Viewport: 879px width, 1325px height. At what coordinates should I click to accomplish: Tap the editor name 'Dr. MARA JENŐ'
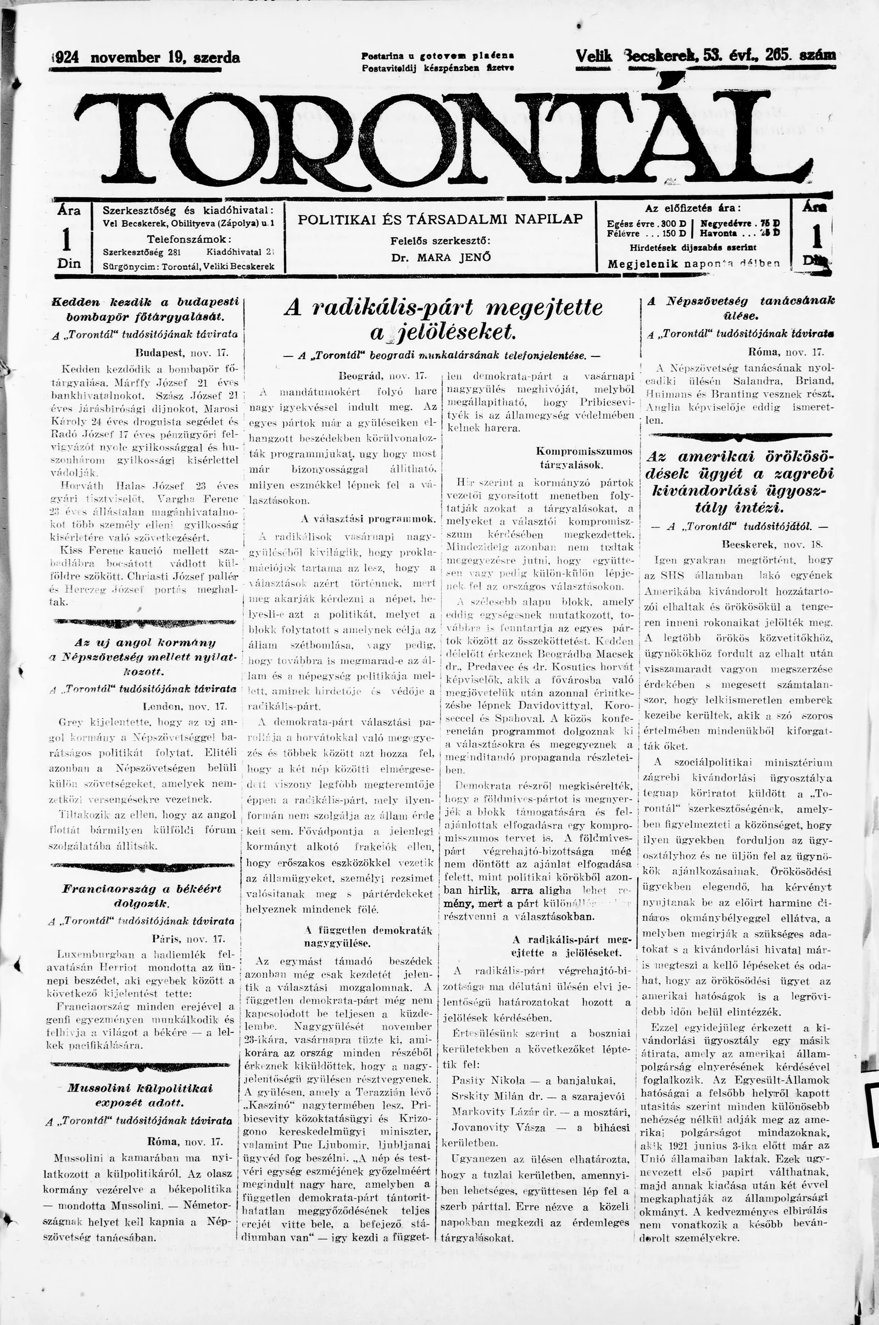pos(441,258)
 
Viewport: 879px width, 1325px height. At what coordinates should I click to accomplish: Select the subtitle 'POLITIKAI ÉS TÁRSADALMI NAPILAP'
pos(440,219)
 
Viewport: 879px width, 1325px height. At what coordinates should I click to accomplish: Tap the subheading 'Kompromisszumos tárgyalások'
pos(583,458)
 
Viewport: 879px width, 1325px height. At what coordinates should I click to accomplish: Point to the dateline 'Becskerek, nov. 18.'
pos(771,544)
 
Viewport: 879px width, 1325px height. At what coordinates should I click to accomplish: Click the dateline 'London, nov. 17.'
pos(185,706)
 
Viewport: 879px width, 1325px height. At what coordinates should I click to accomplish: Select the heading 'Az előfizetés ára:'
pos(692,208)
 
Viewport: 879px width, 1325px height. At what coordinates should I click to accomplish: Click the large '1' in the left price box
pos(68,240)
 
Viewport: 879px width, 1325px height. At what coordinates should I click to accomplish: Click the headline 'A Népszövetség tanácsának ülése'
pos(740,308)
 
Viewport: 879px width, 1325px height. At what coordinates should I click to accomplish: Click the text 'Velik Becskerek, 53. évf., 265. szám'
pos(705,56)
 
